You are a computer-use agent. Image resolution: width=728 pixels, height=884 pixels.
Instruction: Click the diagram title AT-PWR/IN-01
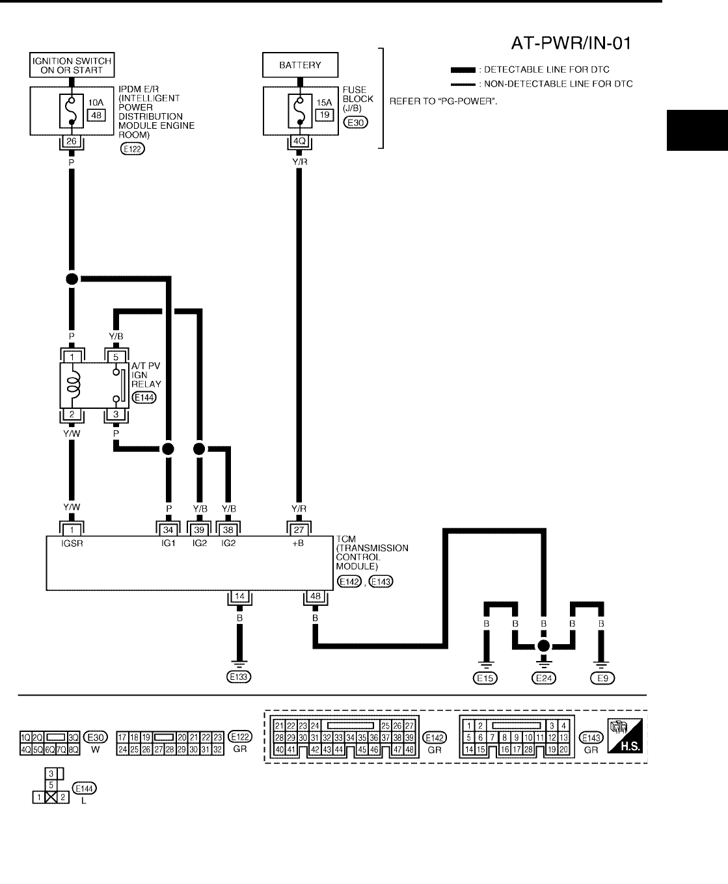point(571,43)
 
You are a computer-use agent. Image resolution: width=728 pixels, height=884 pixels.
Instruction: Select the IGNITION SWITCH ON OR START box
point(72,66)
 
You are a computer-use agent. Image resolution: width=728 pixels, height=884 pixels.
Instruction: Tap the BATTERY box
point(300,65)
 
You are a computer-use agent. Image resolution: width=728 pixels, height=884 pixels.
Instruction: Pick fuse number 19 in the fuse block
point(324,114)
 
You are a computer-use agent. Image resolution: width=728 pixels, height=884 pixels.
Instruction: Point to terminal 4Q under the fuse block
point(300,141)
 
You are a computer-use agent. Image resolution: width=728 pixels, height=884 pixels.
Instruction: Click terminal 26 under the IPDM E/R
point(71,141)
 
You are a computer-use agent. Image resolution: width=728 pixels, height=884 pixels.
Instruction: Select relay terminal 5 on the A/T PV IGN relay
point(116,356)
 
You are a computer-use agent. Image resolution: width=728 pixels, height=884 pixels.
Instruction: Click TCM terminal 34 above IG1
point(169,530)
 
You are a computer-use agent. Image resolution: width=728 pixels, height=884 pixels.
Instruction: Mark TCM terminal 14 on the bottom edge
point(239,597)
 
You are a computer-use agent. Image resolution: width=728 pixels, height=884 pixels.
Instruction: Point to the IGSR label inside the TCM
point(72,543)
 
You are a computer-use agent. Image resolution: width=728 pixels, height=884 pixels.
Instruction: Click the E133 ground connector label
point(239,677)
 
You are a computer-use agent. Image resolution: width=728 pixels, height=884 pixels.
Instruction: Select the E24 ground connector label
point(544,678)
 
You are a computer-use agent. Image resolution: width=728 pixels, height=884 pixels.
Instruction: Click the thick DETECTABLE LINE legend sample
point(463,70)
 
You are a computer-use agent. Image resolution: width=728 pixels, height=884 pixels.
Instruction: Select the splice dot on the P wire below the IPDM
point(72,278)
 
